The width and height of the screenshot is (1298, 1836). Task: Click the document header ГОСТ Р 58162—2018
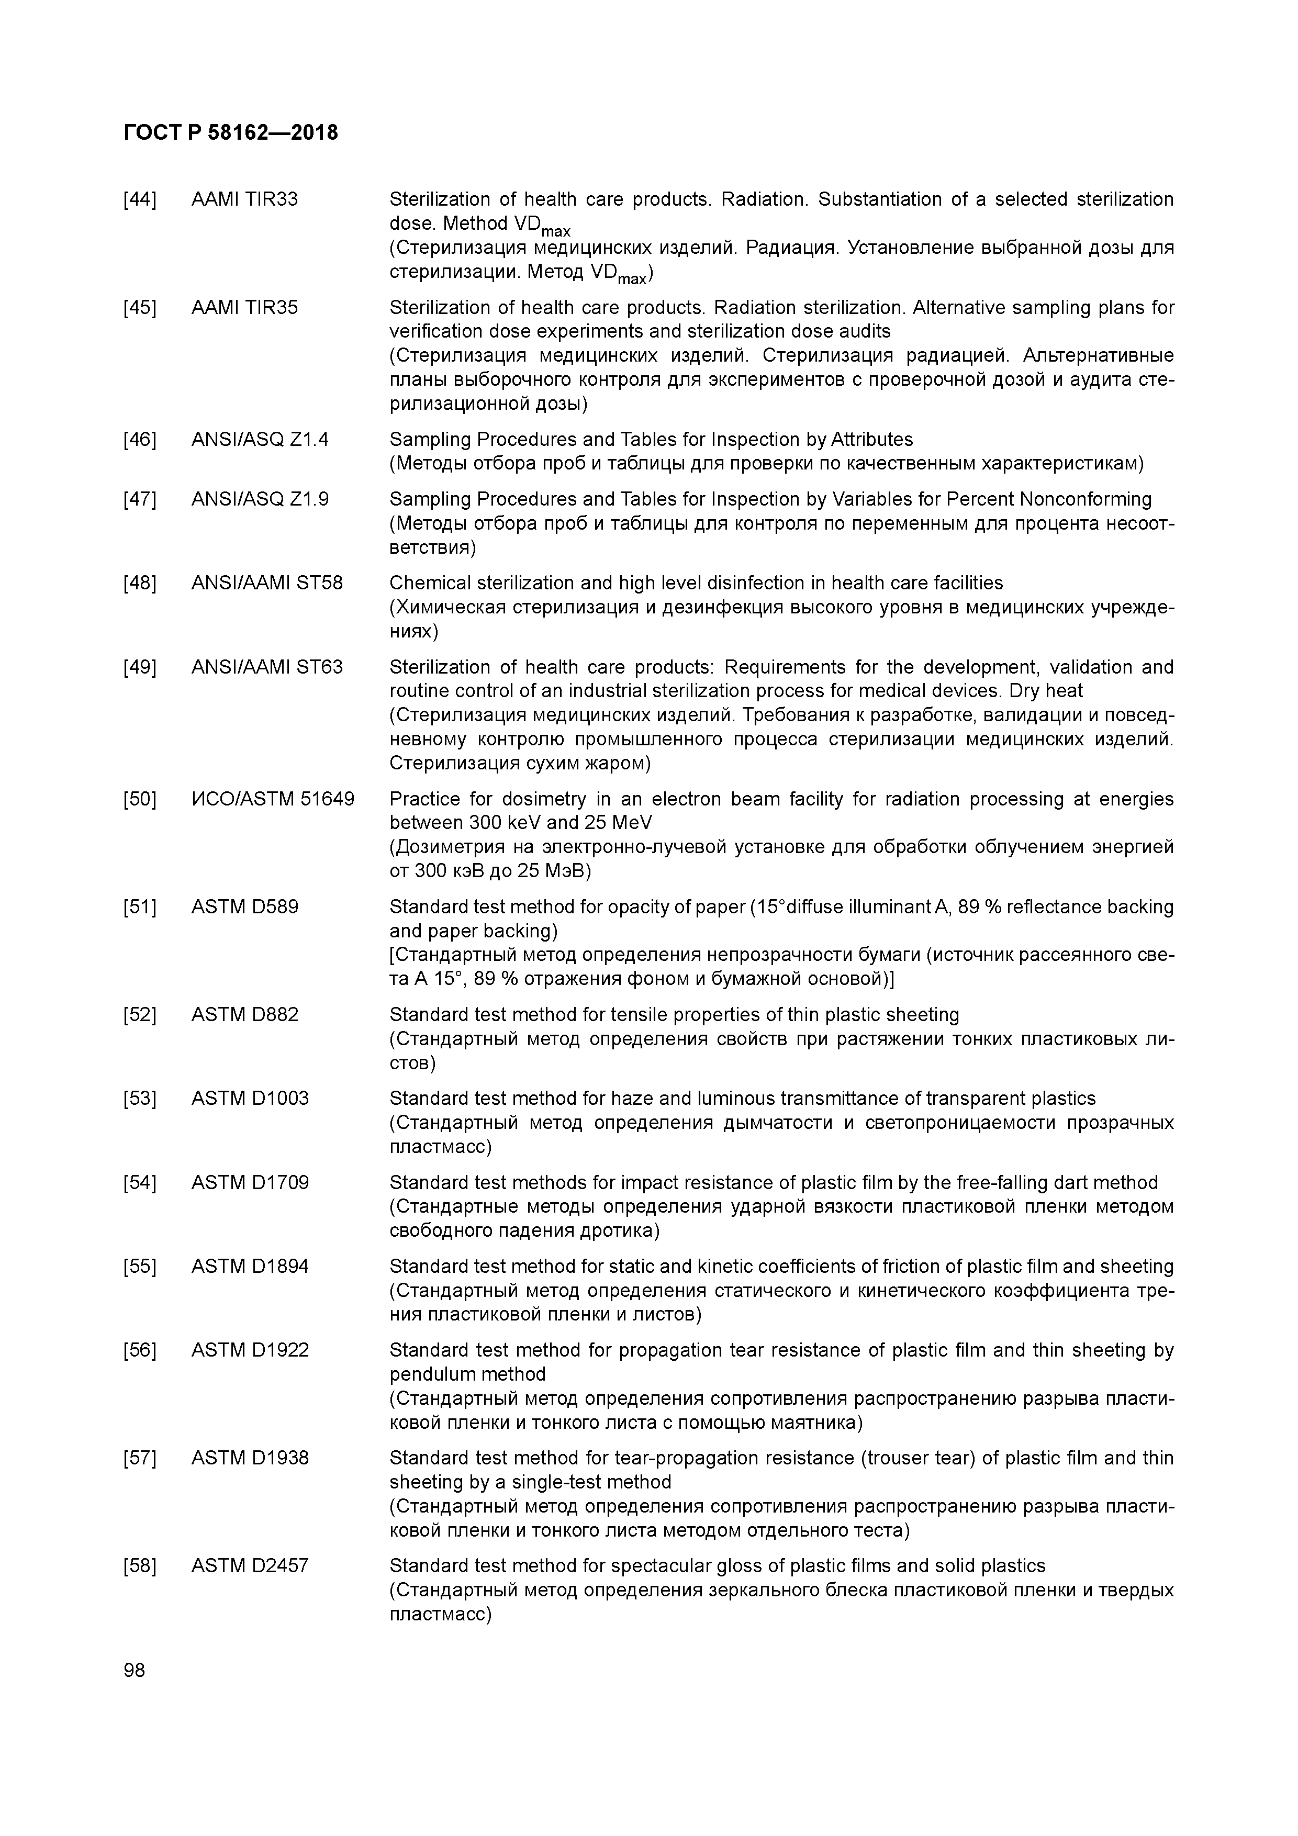point(231,133)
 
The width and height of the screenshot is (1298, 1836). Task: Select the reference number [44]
point(139,199)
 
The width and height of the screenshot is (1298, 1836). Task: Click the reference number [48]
point(139,583)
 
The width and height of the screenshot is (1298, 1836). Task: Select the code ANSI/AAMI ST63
point(266,667)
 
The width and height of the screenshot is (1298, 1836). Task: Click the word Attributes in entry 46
point(872,439)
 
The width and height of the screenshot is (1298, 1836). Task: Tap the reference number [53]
point(139,1098)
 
